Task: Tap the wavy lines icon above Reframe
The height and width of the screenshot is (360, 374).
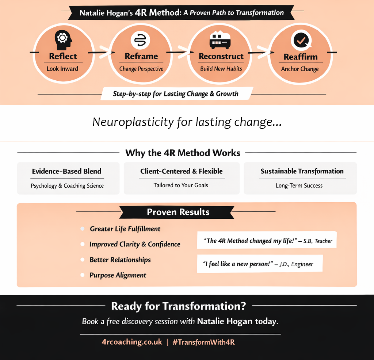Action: pos(141,40)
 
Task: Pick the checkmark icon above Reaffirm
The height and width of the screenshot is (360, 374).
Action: pos(300,41)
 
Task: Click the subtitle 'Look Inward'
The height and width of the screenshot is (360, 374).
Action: pos(62,69)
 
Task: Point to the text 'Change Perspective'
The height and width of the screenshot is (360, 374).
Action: pos(141,69)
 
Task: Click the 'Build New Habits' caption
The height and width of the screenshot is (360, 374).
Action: pos(221,69)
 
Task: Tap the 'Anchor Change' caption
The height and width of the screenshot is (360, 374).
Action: pos(300,69)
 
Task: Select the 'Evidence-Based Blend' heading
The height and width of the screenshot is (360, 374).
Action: pos(66,171)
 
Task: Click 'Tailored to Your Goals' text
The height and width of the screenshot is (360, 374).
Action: pos(181,185)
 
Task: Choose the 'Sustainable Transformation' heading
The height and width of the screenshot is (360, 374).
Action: pos(302,171)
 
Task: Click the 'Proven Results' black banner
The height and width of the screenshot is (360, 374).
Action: pos(178,212)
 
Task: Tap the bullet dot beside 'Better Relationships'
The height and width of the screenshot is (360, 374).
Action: pos(83,260)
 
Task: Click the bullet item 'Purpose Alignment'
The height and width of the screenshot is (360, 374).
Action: pos(118,275)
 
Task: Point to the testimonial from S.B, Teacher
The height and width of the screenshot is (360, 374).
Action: pos(267,241)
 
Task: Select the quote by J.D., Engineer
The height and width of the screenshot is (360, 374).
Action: pos(260,264)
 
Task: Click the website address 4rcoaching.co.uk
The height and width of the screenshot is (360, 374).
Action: pos(132,342)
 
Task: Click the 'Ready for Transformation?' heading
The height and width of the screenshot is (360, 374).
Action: pos(179,306)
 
